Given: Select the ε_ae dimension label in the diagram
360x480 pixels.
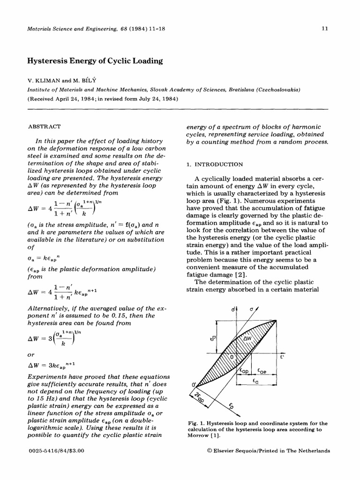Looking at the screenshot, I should tap(262, 370).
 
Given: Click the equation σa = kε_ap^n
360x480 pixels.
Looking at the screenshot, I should tap(49, 258).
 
